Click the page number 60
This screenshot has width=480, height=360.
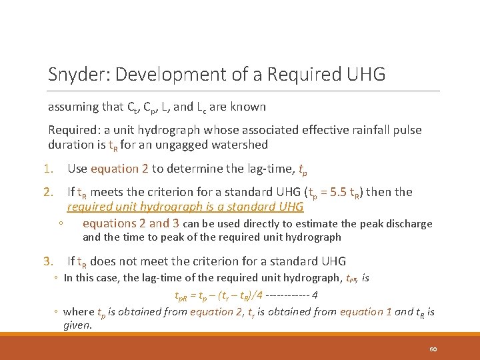tap(433, 349)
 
